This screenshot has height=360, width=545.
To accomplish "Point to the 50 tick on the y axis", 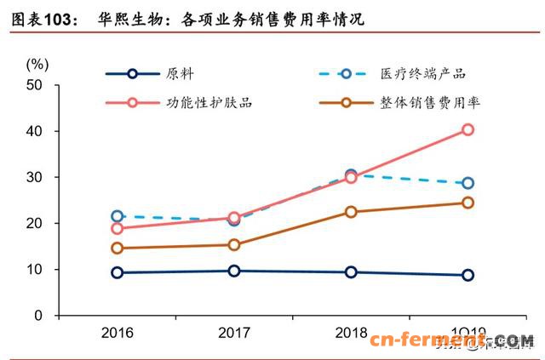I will (35, 85).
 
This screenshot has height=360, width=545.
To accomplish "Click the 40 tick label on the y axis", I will (35, 131).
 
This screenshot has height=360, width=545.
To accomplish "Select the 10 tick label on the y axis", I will (35, 269).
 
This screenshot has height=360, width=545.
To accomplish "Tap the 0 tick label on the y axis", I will (38, 315).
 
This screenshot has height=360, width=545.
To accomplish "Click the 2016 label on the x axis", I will (117, 331).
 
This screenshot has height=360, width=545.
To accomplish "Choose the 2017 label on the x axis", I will (233, 331).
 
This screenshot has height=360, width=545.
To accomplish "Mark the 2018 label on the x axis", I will (350, 331).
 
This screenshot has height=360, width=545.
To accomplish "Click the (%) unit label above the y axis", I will (37, 63).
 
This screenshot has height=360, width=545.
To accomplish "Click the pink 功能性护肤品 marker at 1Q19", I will (468, 129).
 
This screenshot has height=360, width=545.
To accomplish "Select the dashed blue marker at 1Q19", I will (468, 183).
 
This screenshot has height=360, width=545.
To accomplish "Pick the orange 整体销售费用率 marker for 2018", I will (351, 212).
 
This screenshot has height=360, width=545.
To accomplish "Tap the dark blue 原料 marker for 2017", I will (234, 271).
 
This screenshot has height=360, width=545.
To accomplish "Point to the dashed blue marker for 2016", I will (118, 216).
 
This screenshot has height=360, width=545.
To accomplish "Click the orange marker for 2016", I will (118, 248).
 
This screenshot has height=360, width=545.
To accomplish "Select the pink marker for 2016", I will (118, 228).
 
